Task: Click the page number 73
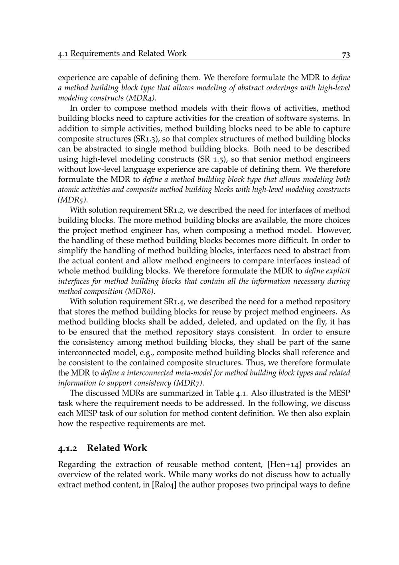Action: pyautogui.click(x=346, y=54)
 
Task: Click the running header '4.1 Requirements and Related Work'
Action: pyautogui.click(x=122, y=54)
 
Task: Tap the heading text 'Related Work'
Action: pyautogui.click(x=117, y=448)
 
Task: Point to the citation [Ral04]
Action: pyautogui.click(x=165, y=485)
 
